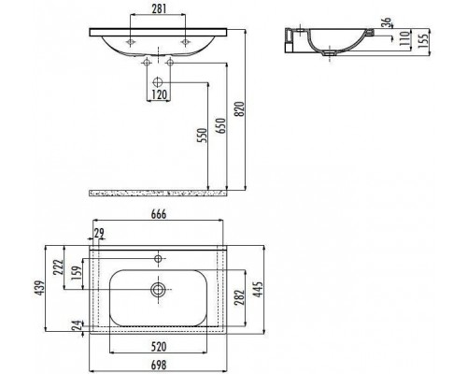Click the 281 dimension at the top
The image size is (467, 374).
159,8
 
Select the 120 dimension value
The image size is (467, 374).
160,94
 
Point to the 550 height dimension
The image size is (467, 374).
202,135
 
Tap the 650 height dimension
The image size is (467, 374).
220,125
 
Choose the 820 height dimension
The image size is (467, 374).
239,108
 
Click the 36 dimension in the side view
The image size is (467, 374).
386,22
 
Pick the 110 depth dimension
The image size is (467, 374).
404,38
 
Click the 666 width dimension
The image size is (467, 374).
159,214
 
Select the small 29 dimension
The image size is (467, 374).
99,233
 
